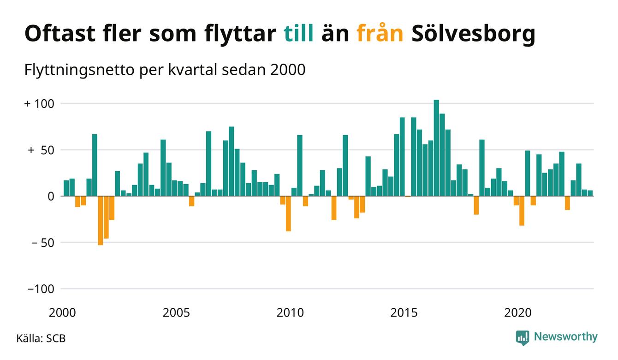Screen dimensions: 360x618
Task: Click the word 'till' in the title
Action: (x=298, y=33)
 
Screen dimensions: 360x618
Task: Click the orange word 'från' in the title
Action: (x=380, y=33)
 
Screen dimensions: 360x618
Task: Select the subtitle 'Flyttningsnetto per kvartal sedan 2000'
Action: (x=164, y=71)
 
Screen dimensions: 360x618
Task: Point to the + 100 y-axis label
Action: (x=39, y=103)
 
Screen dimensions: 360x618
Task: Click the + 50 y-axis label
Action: (x=41, y=150)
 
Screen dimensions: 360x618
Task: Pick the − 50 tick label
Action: (x=41, y=242)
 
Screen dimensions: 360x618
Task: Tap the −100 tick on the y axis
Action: (x=41, y=288)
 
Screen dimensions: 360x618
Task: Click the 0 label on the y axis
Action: (x=51, y=196)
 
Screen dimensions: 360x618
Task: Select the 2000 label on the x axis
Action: (x=62, y=313)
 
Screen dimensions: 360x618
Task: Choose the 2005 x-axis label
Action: (x=176, y=313)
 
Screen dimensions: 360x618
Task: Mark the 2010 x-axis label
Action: (x=290, y=313)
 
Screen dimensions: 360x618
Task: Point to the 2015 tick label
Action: (x=404, y=313)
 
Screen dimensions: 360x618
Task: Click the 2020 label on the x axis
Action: (x=518, y=313)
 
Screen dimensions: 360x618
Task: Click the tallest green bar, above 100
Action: (x=436, y=148)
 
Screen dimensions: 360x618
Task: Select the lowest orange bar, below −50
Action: (x=101, y=221)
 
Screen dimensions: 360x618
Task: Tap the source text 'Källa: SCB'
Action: (x=41, y=338)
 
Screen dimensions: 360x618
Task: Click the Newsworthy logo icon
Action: (x=523, y=337)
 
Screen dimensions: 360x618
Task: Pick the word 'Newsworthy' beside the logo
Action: (x=565, y=337)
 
